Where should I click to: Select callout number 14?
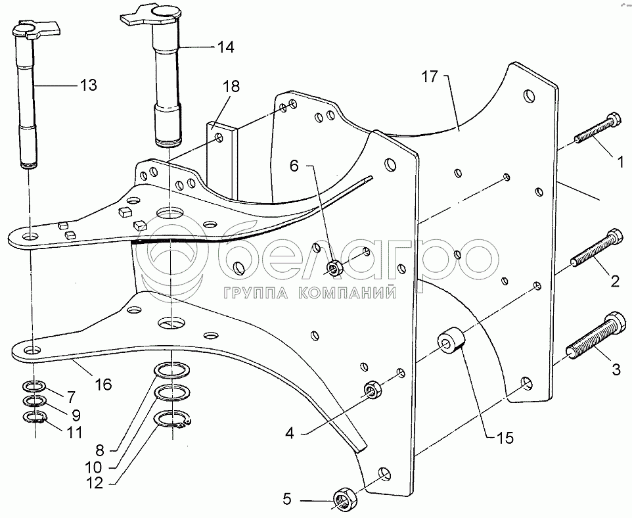225,47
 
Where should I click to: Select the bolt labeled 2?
596,247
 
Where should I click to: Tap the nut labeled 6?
333,268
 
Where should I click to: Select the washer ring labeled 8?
169,372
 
